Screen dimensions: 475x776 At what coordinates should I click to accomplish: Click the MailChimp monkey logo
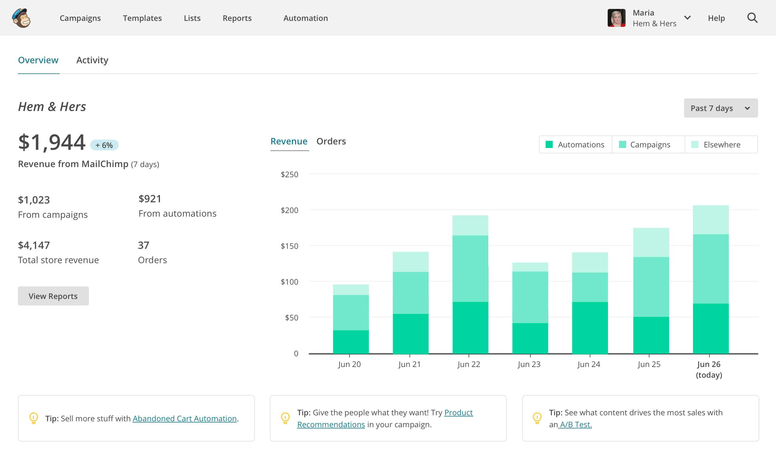(x=21, y=18)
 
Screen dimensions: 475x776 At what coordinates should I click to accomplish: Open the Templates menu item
(x=142, y=18)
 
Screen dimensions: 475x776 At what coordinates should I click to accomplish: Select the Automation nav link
(x=306, y=18)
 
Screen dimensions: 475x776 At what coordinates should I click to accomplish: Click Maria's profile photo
(x=616, y=18)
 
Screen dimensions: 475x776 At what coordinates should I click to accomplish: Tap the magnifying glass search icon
(x=752, y=18)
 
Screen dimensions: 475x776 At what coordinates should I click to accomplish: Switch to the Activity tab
(x=92, y=60)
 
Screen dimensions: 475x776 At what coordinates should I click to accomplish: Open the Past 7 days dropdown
(x=720, y=108)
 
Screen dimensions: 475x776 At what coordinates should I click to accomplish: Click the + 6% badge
(x=104, y=145)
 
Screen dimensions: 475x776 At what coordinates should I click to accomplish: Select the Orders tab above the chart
(x=331, y=141)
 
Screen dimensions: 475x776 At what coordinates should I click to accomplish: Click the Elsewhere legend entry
(x=721, y=144)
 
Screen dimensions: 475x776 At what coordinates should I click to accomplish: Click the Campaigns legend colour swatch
(x=622, y=144)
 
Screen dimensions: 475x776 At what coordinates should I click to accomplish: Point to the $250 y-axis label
(x=289, y=174)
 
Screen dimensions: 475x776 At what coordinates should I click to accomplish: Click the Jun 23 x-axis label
(x=529, y=364)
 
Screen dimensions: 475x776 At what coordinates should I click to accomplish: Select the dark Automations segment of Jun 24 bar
(x=589, y=327)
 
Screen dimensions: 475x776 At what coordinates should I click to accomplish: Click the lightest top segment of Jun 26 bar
(x=711, y=220)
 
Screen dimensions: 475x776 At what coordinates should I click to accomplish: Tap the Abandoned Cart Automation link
(x=184, y=418)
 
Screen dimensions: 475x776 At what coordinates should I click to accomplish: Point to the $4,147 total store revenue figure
(x=34, y=245)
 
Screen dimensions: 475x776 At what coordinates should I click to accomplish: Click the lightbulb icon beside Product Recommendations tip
(x=285, y=418)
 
